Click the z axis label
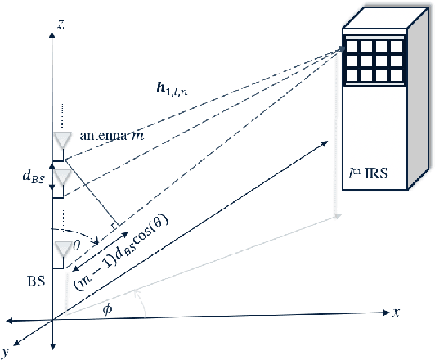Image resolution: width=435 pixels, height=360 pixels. [x=62, y=25]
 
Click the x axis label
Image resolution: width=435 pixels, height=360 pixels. [x=395, y=312]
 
